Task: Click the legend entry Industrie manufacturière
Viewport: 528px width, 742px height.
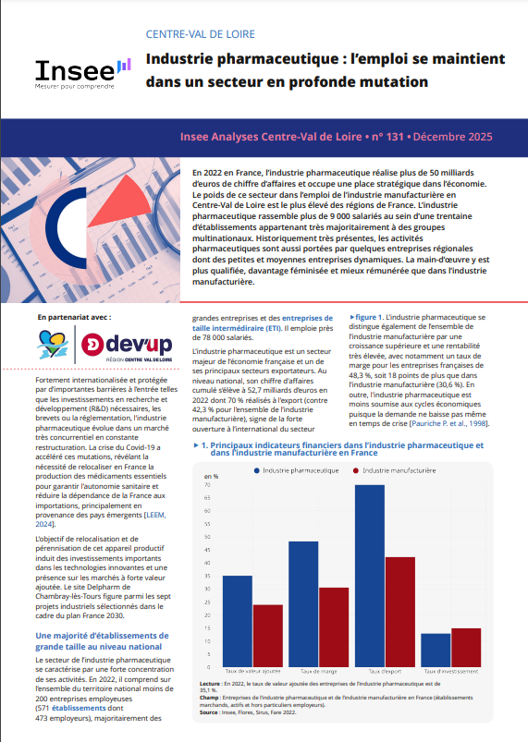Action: coord(399,470)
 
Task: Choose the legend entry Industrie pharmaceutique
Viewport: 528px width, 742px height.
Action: coord(297,470)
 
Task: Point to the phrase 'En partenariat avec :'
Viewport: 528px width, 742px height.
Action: coord(75,317)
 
